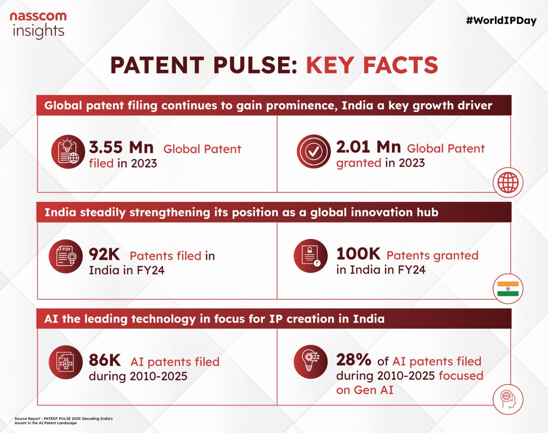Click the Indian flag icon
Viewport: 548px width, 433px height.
(508, 289)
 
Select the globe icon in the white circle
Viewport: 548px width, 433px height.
(508, 182)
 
